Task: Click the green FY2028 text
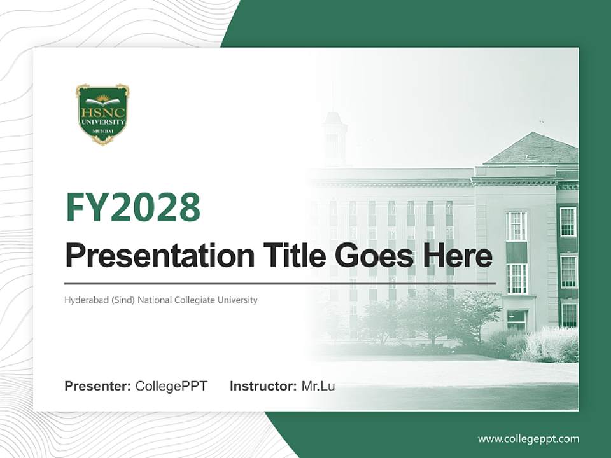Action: pos(133,207)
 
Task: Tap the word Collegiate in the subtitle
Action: pos(194,300)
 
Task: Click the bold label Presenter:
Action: pos(98,386)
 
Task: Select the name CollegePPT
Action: pos(171,386)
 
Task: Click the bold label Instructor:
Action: pos(263,386)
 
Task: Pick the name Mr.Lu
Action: pos(318,386)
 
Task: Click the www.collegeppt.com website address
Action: pos(528,439)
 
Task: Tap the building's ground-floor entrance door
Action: pos(516,319)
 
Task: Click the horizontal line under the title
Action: pos(280,284)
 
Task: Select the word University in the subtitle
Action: pos(238,300)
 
